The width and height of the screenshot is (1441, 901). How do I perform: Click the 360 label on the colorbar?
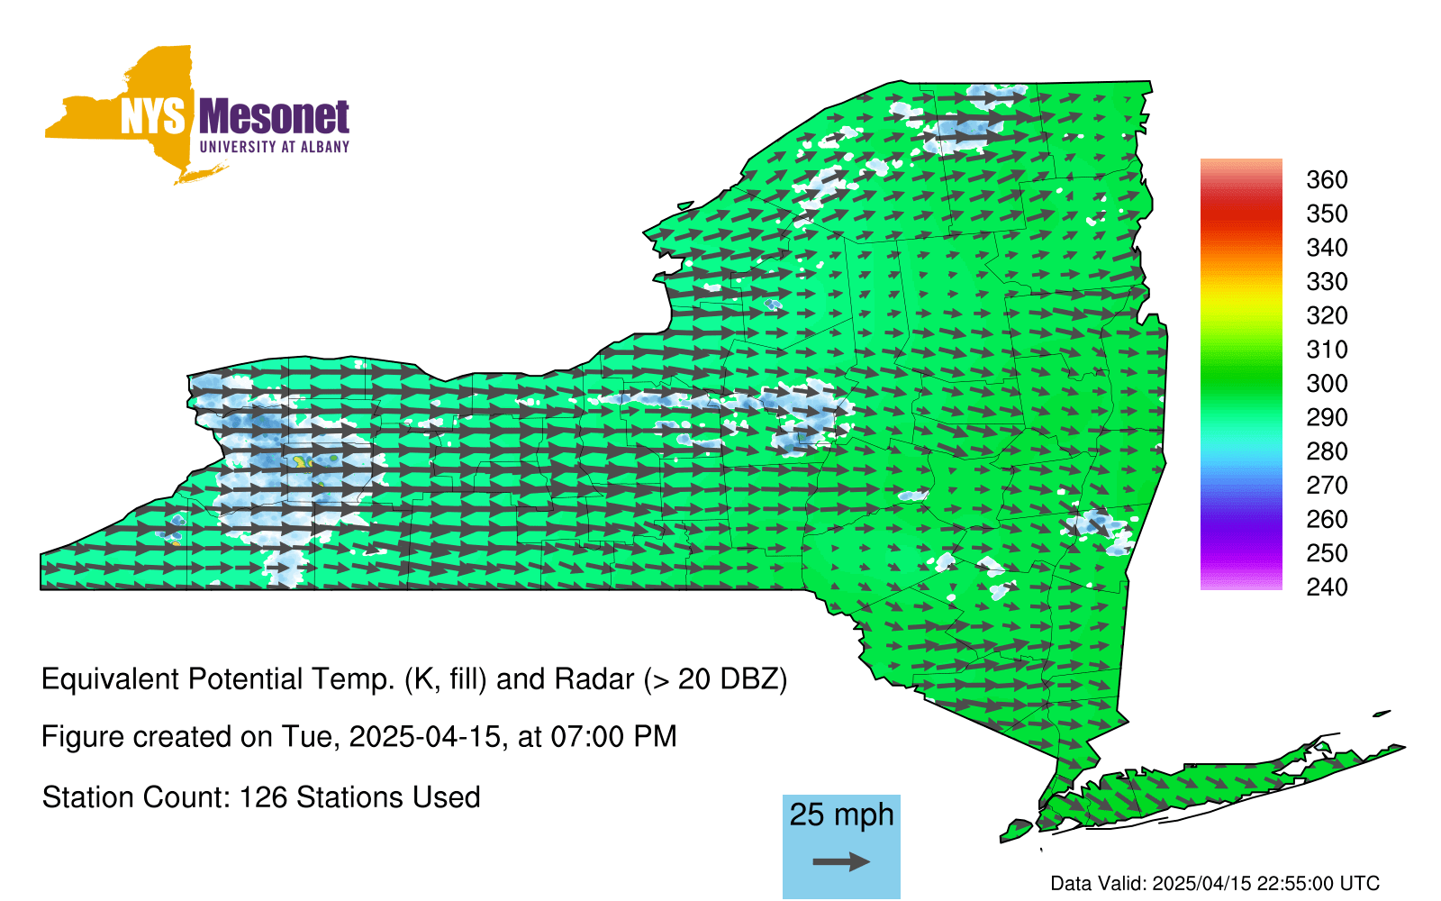click(x=1327, y=179)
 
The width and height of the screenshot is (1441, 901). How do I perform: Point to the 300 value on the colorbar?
click(x=1327, y=384)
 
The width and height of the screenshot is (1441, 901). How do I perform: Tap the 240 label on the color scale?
click(x=1327, y=587)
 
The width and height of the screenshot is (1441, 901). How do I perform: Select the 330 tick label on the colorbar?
click(x=1327, y=282)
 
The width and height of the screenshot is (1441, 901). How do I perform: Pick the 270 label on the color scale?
click(x=1327, y=486)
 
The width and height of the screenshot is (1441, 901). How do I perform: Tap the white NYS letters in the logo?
click(x=153, y=116)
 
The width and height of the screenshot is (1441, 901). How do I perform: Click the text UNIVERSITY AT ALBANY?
click(x=275, y=147)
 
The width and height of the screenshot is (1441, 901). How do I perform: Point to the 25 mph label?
click(x=841, y=815)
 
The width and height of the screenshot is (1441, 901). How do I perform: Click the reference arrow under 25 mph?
click(x=841, y=861)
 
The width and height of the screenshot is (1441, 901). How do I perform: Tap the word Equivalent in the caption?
click(x=110, y=679)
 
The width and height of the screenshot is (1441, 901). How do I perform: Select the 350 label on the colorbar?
click(x=1327, y=214)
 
